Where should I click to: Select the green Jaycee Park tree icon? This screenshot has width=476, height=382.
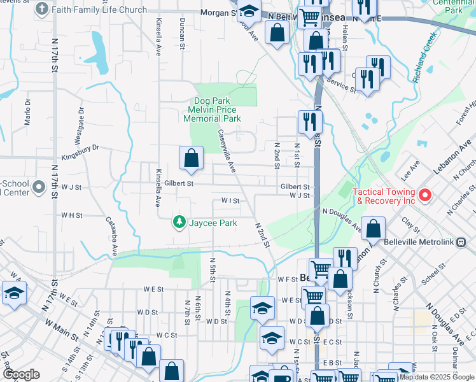[x=179, y=222]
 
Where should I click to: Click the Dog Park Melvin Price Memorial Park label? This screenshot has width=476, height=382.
[x=212, y=110]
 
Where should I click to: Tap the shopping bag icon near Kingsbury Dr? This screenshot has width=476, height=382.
[x=192, y=158]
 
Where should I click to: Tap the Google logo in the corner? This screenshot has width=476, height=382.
[x=21, y=374]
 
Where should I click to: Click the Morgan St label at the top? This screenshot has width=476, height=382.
[x=218, y=13]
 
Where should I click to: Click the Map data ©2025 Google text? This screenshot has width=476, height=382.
[x=436, y=377]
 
